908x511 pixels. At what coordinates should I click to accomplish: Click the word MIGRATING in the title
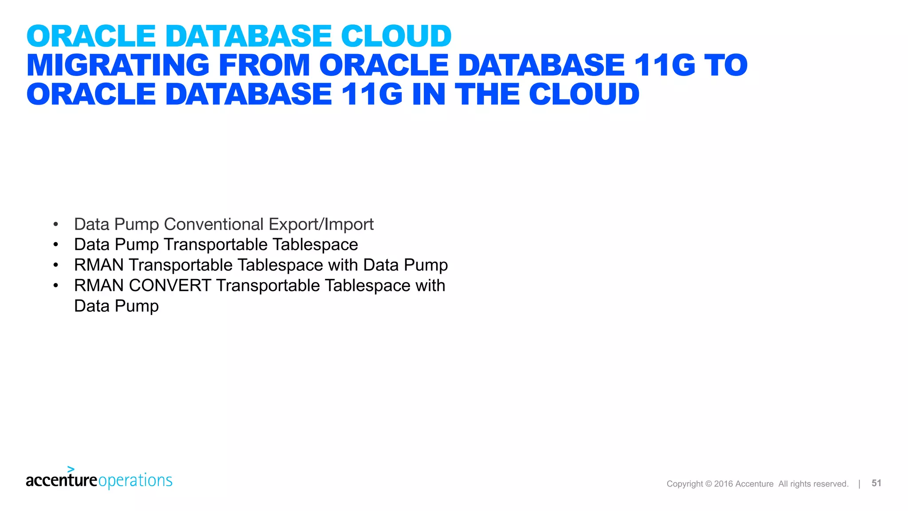click(x=118, y=65)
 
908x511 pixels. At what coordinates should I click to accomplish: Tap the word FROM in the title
click(x=264, y=65)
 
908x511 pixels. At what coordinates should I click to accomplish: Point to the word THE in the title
click(x=487, y=94)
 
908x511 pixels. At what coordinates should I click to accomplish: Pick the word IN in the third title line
click(x=429, y=94)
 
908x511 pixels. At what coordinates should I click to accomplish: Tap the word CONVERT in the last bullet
click(x=170, y=286)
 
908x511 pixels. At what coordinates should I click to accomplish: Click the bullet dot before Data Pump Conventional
click(x=56, y=224)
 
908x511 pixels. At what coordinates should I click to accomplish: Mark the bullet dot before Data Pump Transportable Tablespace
click(x=56, y=245)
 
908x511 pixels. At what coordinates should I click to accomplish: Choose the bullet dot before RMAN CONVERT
click(x=56, y=286)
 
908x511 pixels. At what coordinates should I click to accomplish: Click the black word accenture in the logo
click(x=61, y=480)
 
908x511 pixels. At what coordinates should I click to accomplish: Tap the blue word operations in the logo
click(x=135, y=481)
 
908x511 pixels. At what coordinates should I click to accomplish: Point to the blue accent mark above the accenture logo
click(x=71, y=469)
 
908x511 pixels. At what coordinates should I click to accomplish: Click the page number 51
click(x=876, y=483)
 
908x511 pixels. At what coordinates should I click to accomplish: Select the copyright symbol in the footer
click(x=708, y=484)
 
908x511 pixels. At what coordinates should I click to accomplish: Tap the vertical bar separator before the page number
click(x=859, y=483)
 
